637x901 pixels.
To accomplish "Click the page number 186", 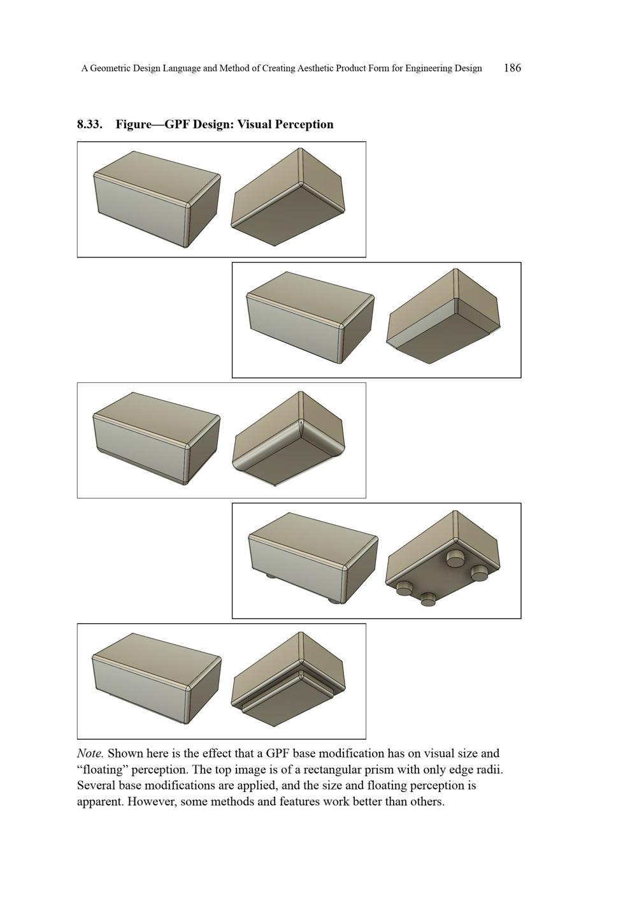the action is pos(512,68).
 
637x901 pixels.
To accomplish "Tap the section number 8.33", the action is pos(89,124).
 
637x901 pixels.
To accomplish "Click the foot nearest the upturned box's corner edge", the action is pos(455,559).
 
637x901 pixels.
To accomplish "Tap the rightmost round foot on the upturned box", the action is pos(479,573).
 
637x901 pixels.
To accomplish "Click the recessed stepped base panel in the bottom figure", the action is pos(283,706).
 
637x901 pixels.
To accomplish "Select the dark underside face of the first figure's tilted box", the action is pos(287,217).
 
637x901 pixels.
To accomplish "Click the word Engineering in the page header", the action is pos(427,68).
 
